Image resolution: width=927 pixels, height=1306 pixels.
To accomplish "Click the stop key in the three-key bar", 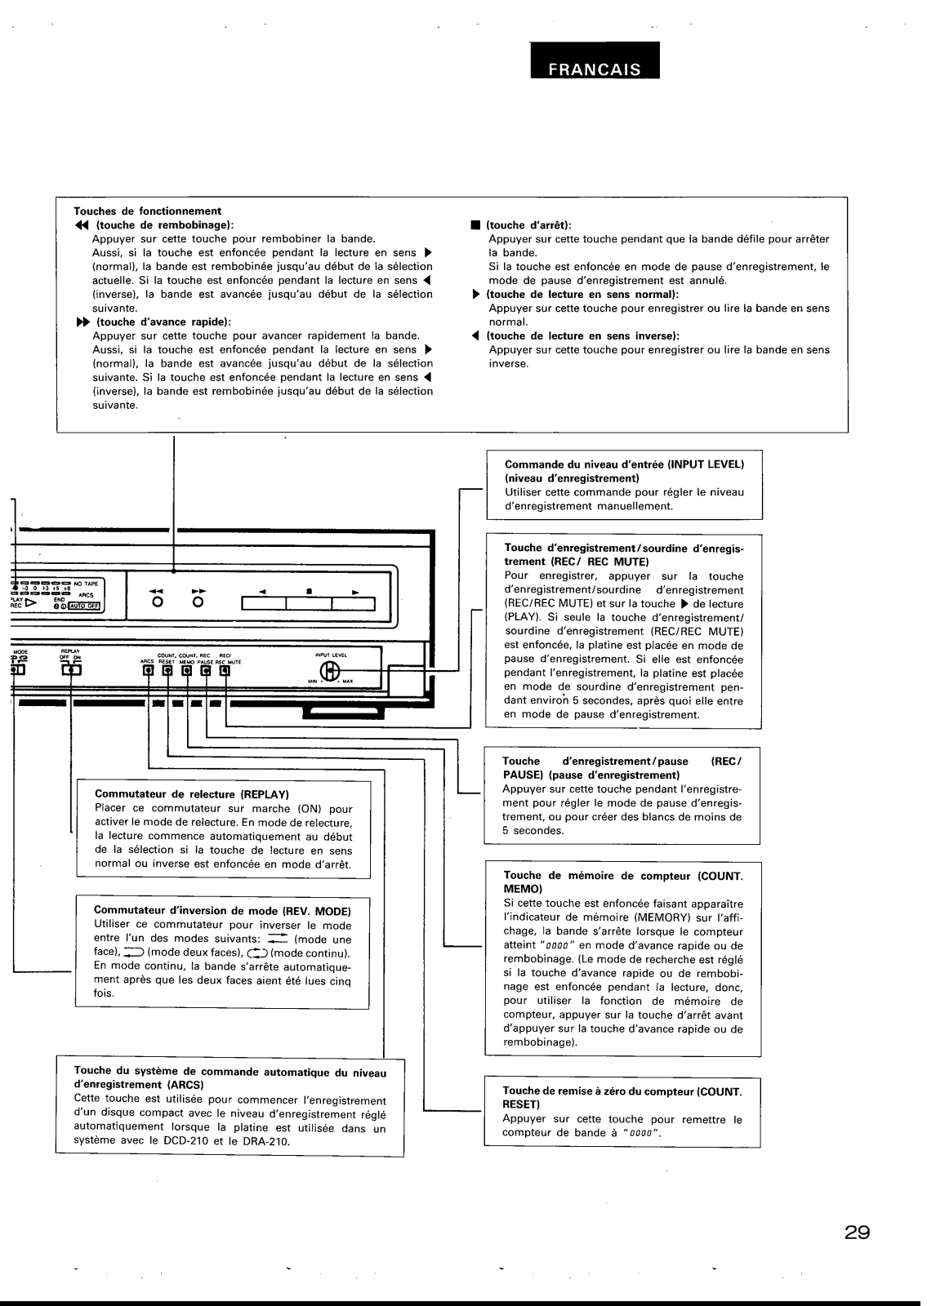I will (309, 604).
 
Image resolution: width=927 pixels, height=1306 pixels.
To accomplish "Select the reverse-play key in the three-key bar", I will (264, 604).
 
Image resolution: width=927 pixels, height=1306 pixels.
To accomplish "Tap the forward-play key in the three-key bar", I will (353, 604).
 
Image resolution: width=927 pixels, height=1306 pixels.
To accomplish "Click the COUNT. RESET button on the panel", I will (167, 671).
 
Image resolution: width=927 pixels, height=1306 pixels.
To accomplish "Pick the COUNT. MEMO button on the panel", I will (186, 671).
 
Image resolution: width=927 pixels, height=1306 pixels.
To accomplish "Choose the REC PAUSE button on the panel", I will (205, 671).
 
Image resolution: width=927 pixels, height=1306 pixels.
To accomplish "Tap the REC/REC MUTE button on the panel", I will (224, 671).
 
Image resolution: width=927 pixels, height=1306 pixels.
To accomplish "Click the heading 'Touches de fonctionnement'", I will (148, 211).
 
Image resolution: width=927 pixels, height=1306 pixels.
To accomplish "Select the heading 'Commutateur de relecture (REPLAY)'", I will (193, 794).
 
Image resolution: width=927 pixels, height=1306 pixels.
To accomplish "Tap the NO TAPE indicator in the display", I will (86, 584).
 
